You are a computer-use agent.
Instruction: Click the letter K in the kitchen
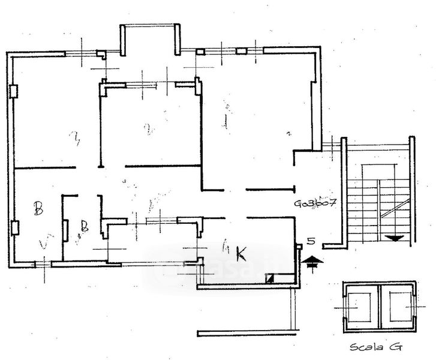(x=242, y=254)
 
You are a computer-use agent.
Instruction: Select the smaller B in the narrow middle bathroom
(x=85, y=226)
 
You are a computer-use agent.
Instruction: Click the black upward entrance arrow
(x=312, y=262)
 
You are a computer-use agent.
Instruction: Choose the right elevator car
(x=398, y=306)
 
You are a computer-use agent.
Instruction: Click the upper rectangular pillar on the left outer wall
(x=13, y=91)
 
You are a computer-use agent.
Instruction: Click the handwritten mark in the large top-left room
(x=76, y=140)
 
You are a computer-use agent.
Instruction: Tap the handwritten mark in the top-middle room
(x=148, y=128)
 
